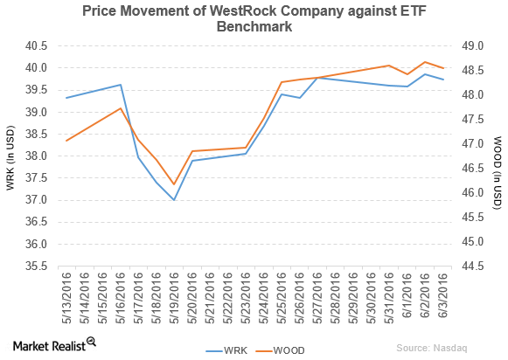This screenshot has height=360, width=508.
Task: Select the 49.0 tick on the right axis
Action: pyautogui.click(x=472, y=45)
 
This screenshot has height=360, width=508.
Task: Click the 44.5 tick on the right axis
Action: pyautogui.click(x=472, y=266)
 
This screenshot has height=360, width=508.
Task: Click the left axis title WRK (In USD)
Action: pyautogui.click(x=11, y=156)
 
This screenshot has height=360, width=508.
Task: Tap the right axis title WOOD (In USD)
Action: pyautogui.click(x=498, y=156)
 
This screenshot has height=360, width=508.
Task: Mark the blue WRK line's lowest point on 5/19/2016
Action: pyautogui.click(x=174, y=200)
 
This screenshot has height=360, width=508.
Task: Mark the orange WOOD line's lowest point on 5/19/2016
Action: pyautogui.click(x=174, y=184)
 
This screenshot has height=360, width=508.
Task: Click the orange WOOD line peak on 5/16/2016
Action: pyautogui.click(x=121, y=108)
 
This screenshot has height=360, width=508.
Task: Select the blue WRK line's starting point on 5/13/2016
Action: pyautogui.click(x=67, y=98)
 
